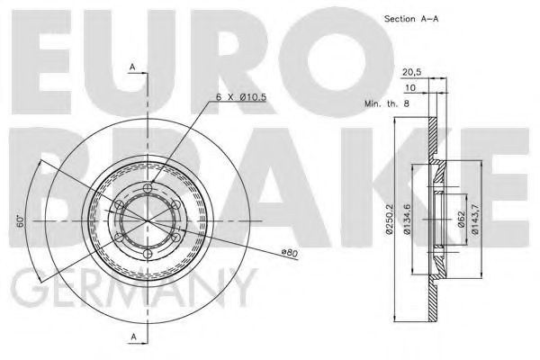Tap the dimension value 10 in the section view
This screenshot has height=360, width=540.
point(410,88)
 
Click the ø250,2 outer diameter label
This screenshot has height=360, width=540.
point(389,221)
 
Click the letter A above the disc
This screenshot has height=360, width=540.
point(132,67)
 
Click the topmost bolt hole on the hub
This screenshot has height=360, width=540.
point(148,187)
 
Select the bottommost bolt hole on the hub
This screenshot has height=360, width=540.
point(148,255)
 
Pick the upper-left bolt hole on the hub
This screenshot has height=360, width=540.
point(119,204)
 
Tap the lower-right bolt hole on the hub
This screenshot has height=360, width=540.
point(177,238)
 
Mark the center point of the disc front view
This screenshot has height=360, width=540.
point(148,221)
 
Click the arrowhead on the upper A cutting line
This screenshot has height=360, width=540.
point(144,76)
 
